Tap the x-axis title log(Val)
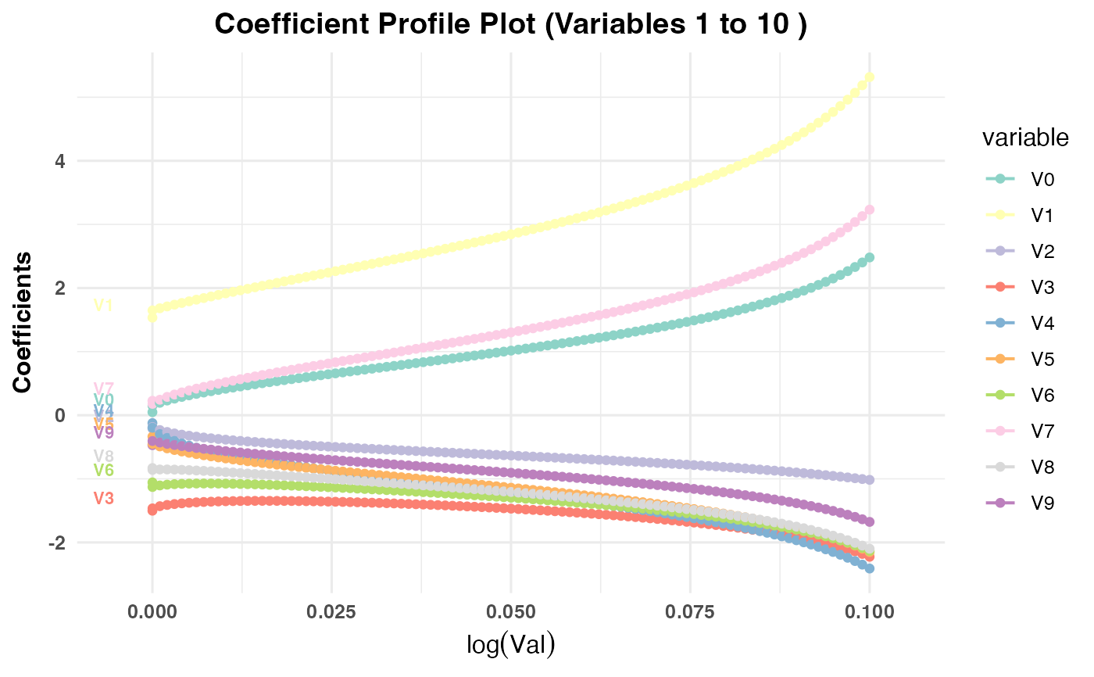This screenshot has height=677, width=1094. pos(510,645)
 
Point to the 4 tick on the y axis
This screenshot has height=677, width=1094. pos(59,161)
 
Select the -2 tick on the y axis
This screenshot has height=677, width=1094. pos(55,543)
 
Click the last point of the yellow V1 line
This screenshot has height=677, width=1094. pos(869,77)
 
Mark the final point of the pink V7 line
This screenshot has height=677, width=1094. pos(869,210)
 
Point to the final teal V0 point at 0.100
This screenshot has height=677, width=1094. pos(869,257)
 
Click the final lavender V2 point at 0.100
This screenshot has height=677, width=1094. pos(869,479)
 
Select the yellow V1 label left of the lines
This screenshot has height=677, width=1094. pos(104,306)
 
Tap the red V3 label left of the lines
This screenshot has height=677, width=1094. pos(104,499)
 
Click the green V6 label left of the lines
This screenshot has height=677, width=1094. pos(104,470)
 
